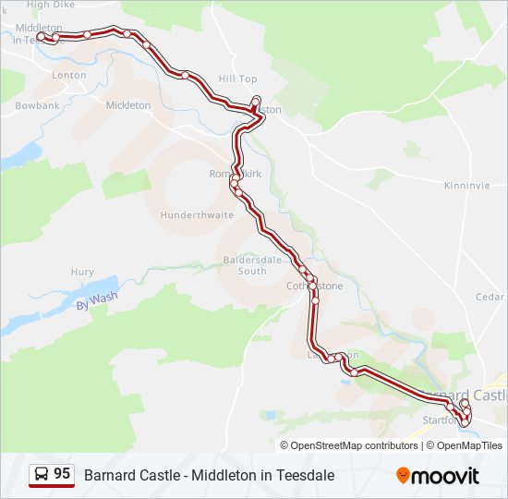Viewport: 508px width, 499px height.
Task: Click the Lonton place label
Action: (69, 75)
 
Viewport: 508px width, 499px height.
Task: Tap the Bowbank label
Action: (37, 105)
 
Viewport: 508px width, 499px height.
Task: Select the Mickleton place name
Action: (128, 105)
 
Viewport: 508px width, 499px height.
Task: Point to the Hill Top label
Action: (237, 79)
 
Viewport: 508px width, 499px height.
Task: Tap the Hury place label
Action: (82, 273)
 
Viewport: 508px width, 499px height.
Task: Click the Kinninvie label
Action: (466, 185)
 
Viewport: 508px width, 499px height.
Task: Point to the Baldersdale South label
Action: (245, 265)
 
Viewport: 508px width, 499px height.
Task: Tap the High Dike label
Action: (51, 5)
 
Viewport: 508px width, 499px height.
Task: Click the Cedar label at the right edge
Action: (490, 297)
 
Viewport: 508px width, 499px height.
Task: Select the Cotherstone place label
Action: (314, 286)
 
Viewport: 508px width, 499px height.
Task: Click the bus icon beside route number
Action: (42, 474)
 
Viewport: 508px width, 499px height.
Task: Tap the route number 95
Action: (62, 474)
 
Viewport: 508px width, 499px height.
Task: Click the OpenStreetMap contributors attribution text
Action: (355, 445)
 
